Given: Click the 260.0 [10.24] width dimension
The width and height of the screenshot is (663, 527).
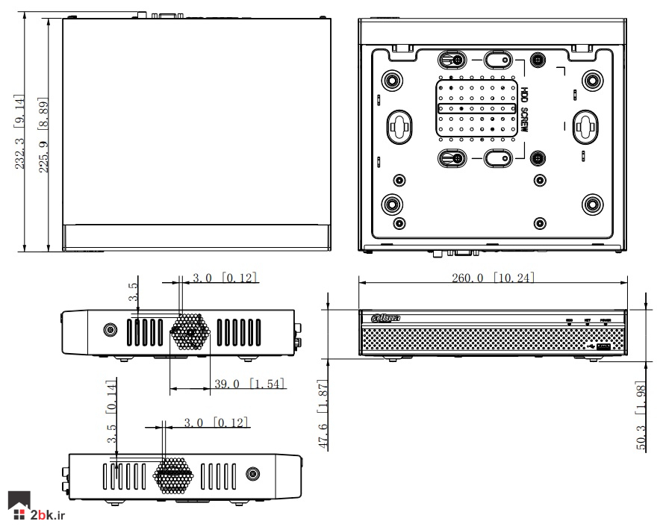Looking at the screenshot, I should tap(492, 278).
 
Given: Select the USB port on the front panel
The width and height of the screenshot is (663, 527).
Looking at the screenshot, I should tap(603, 346).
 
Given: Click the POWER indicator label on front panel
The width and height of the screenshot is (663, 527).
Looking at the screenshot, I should tap(605, 320).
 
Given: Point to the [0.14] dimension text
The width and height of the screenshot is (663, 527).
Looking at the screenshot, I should tap(111, 395).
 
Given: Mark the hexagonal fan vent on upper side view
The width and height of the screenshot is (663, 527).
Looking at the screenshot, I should tap(189, 330).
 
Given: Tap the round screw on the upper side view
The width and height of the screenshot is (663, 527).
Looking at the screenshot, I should tap(110, 329).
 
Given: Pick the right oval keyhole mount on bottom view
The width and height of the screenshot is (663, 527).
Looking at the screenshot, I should tap(582, 127).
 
